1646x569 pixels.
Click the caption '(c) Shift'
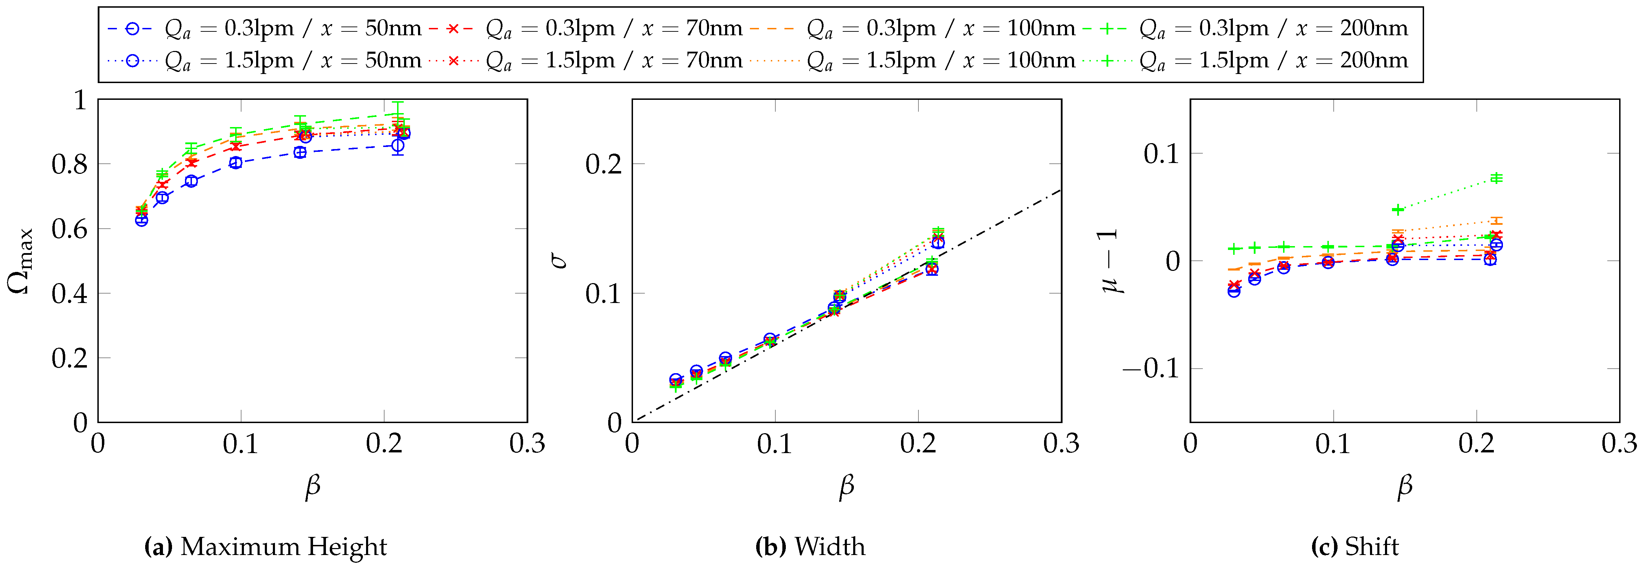coord(1355,547)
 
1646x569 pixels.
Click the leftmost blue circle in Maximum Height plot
coord(141,220)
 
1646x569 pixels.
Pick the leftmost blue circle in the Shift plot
coord(1234,291)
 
